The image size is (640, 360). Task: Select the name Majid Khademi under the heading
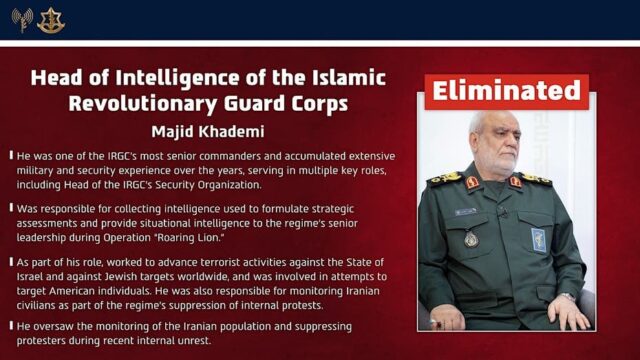point(207,133)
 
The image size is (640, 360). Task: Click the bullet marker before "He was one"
point(10,156)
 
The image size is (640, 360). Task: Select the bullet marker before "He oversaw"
point(10,327)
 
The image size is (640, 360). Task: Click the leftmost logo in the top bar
point(21,19)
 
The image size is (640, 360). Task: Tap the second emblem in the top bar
point(51,19)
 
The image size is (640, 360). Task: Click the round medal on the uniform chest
point(471,240)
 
